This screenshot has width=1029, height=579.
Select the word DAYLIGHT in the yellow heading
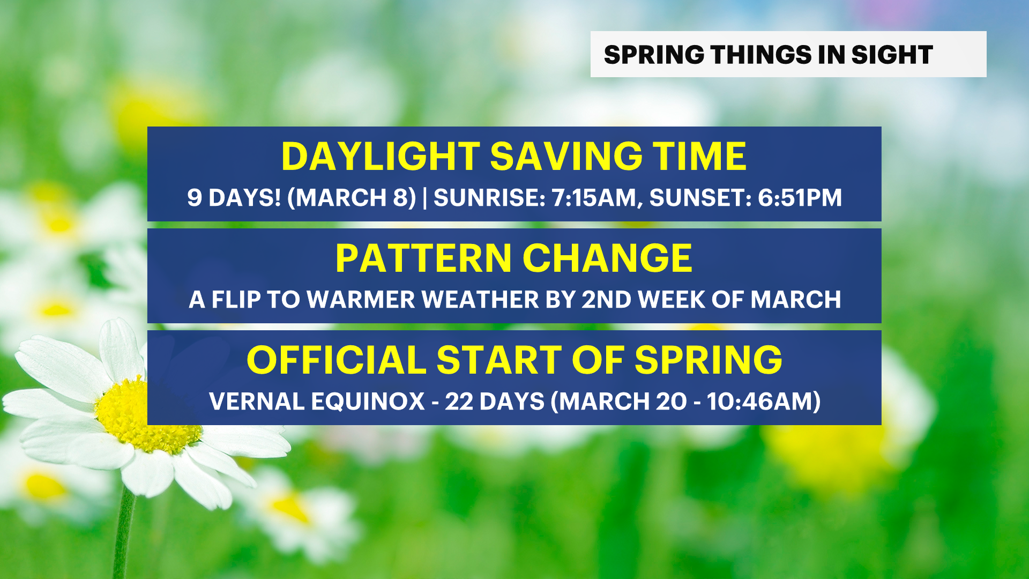pos(381,157)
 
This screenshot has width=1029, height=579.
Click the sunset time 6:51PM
pos(800,198)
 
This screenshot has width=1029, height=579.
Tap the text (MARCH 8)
pos(352,198)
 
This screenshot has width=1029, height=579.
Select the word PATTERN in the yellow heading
pos(423,258)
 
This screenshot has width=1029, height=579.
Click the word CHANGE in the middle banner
pos(607,258)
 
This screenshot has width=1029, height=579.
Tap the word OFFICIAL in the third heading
pos(336,360)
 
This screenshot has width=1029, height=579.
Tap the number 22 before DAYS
pos(459,402)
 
